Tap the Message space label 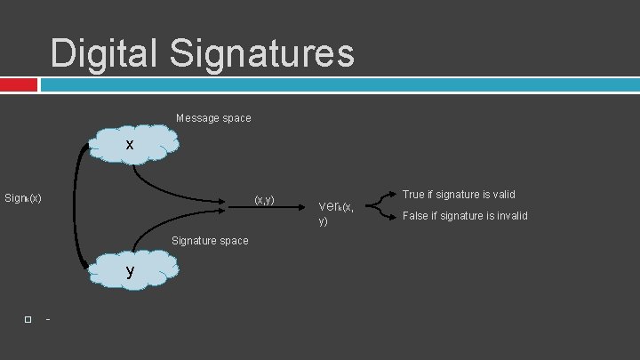click(x=213, y=118)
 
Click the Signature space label click(x=210, y=241)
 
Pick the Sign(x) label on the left click(x=23, y=198)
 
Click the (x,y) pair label click(x=264, y=199)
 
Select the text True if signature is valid click(x=459, y=194)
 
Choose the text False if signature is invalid click(x=465, y=216)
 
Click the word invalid click(x=510, y=216)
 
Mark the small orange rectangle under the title click(x=19, y=84)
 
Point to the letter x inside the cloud click(x=130, y=144)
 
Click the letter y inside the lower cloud click(x=130, y=270)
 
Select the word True click(x=414, y=194)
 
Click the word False click(x=416, y=216)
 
